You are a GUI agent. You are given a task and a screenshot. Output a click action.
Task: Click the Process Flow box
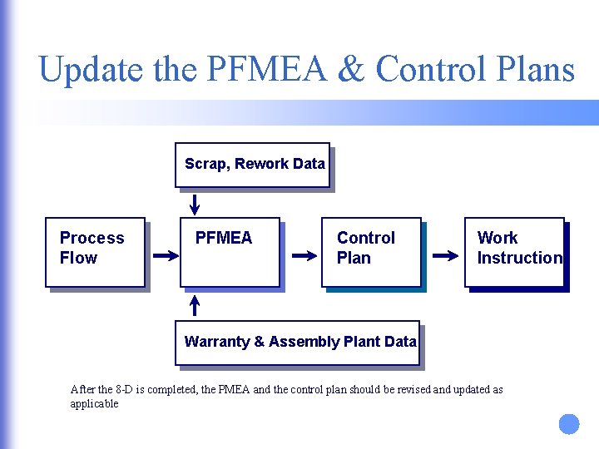95,252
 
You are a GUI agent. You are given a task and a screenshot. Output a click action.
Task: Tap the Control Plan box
371,252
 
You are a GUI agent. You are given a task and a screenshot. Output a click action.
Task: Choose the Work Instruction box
514,252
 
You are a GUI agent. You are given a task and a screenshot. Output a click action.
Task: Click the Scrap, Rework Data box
252,165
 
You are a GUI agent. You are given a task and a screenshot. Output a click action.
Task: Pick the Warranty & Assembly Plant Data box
297,343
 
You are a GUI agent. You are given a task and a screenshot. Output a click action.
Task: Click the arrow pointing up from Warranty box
195,305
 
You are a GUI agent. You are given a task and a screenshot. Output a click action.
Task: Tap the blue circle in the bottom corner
568,424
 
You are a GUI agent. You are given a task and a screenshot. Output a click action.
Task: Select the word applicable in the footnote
94,404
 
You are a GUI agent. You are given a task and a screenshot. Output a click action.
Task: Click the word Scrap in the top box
205,165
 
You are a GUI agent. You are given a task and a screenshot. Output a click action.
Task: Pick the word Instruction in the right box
520,259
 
